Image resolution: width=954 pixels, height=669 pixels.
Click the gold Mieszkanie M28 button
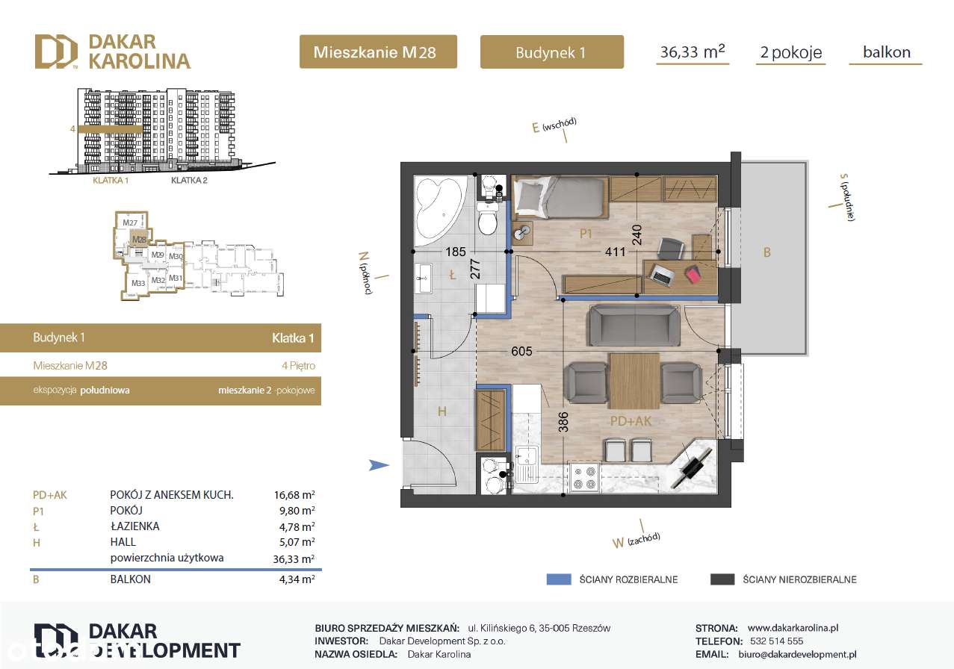point(377,52)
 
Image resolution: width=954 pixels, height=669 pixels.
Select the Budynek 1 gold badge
point(551,52)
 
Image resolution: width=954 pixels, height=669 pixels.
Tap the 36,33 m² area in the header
point(693,52)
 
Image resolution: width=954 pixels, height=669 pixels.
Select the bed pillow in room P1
point(529,196)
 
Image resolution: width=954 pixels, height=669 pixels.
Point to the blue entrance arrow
point(380,466)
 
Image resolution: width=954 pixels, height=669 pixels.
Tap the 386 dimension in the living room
point(563,423)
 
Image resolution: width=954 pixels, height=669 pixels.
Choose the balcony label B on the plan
point(766,253)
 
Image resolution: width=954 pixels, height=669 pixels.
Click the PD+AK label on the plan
point(631,421)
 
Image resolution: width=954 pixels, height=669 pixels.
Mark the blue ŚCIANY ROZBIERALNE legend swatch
point(558,579)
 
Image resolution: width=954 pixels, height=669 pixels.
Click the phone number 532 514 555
point(775,641)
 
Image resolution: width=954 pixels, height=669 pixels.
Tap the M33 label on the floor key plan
point(137,283)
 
